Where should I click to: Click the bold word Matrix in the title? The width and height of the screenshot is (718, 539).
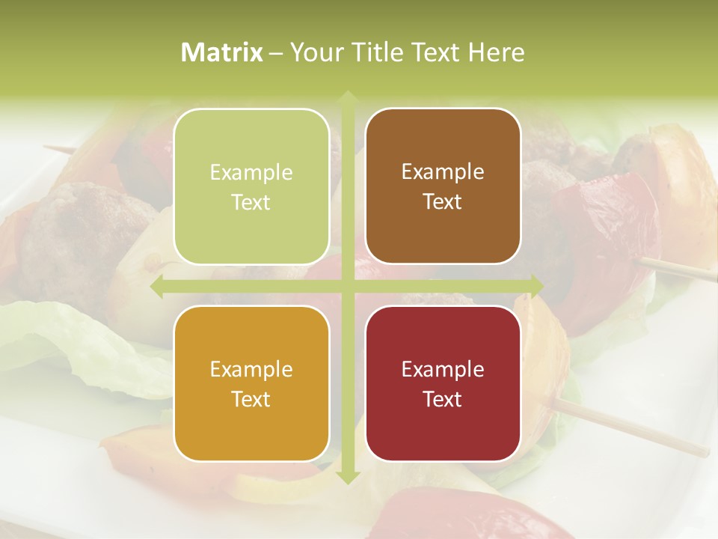point(222,52)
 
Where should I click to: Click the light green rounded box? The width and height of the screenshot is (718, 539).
point(251,186)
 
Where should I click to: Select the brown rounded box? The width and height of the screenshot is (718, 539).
point(443,186)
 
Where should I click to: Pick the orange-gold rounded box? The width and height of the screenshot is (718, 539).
point(251,383)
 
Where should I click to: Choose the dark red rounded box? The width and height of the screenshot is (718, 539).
point(443,383)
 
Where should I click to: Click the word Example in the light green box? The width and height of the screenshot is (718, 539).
point(251,173)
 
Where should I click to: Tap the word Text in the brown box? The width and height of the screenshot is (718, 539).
point(443,202)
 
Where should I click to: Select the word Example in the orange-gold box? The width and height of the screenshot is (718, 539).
point(251,370)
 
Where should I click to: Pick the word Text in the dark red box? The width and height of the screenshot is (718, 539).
point(443,399)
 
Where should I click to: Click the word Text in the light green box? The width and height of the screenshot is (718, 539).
point(251,203)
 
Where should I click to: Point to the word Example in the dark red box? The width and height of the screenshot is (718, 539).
point(443,370)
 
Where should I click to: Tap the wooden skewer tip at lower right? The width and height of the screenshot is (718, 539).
point(703,454)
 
